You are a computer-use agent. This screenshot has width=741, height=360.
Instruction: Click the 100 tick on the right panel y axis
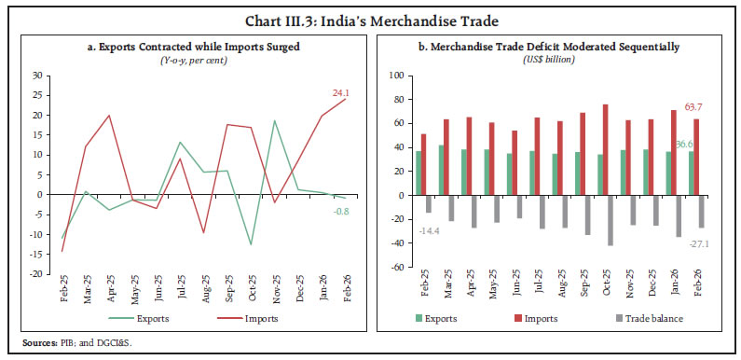pyautogui.click(x=394, y=76)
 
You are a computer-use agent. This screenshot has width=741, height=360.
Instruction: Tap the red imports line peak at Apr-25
pyautogui.click(x=110, y=116)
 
